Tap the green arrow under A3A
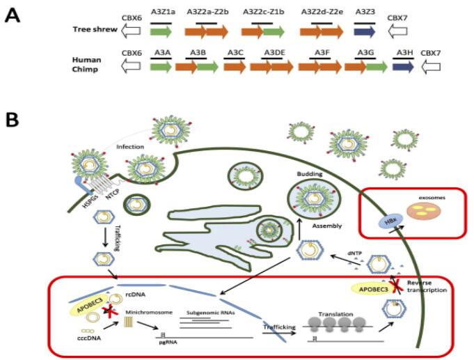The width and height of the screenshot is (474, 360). [x=160, y=66]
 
